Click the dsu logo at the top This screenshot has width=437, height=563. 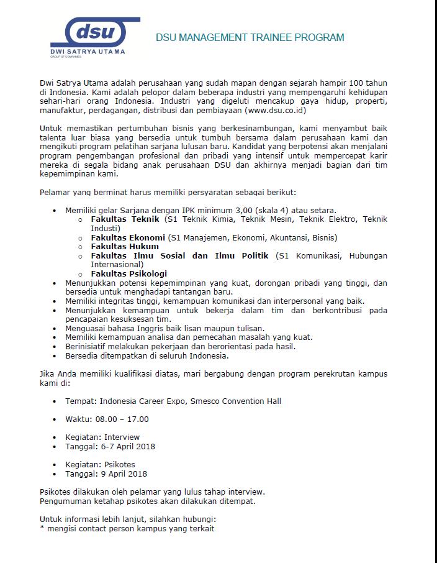click(x=96, y=32)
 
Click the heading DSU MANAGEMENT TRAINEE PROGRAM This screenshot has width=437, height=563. click(x=250, y=38)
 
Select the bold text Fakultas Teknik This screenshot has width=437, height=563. click(x=125, y=219)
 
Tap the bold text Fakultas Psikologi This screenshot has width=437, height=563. click(x=128, y=273)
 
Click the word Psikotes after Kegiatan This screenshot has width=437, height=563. click(x=119, y=465)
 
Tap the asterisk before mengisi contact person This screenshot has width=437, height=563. click(x=42, y=528)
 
